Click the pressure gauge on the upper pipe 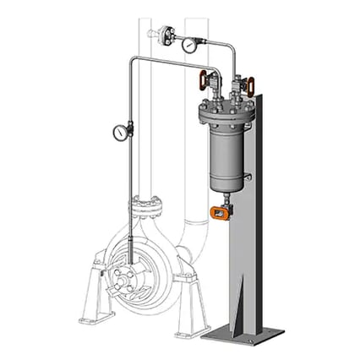pyautogui.click(x=188, y=45)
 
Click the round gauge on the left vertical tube pyautogui.click(x=121, y=132)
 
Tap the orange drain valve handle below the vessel pyautogui.click(x=220, y=213)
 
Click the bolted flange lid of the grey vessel pyautogui.click(x=225, y=113)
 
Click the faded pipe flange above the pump pyautogui.click(x=145, y=205)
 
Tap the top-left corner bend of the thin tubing pyautogui.click(x=132, y=60)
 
